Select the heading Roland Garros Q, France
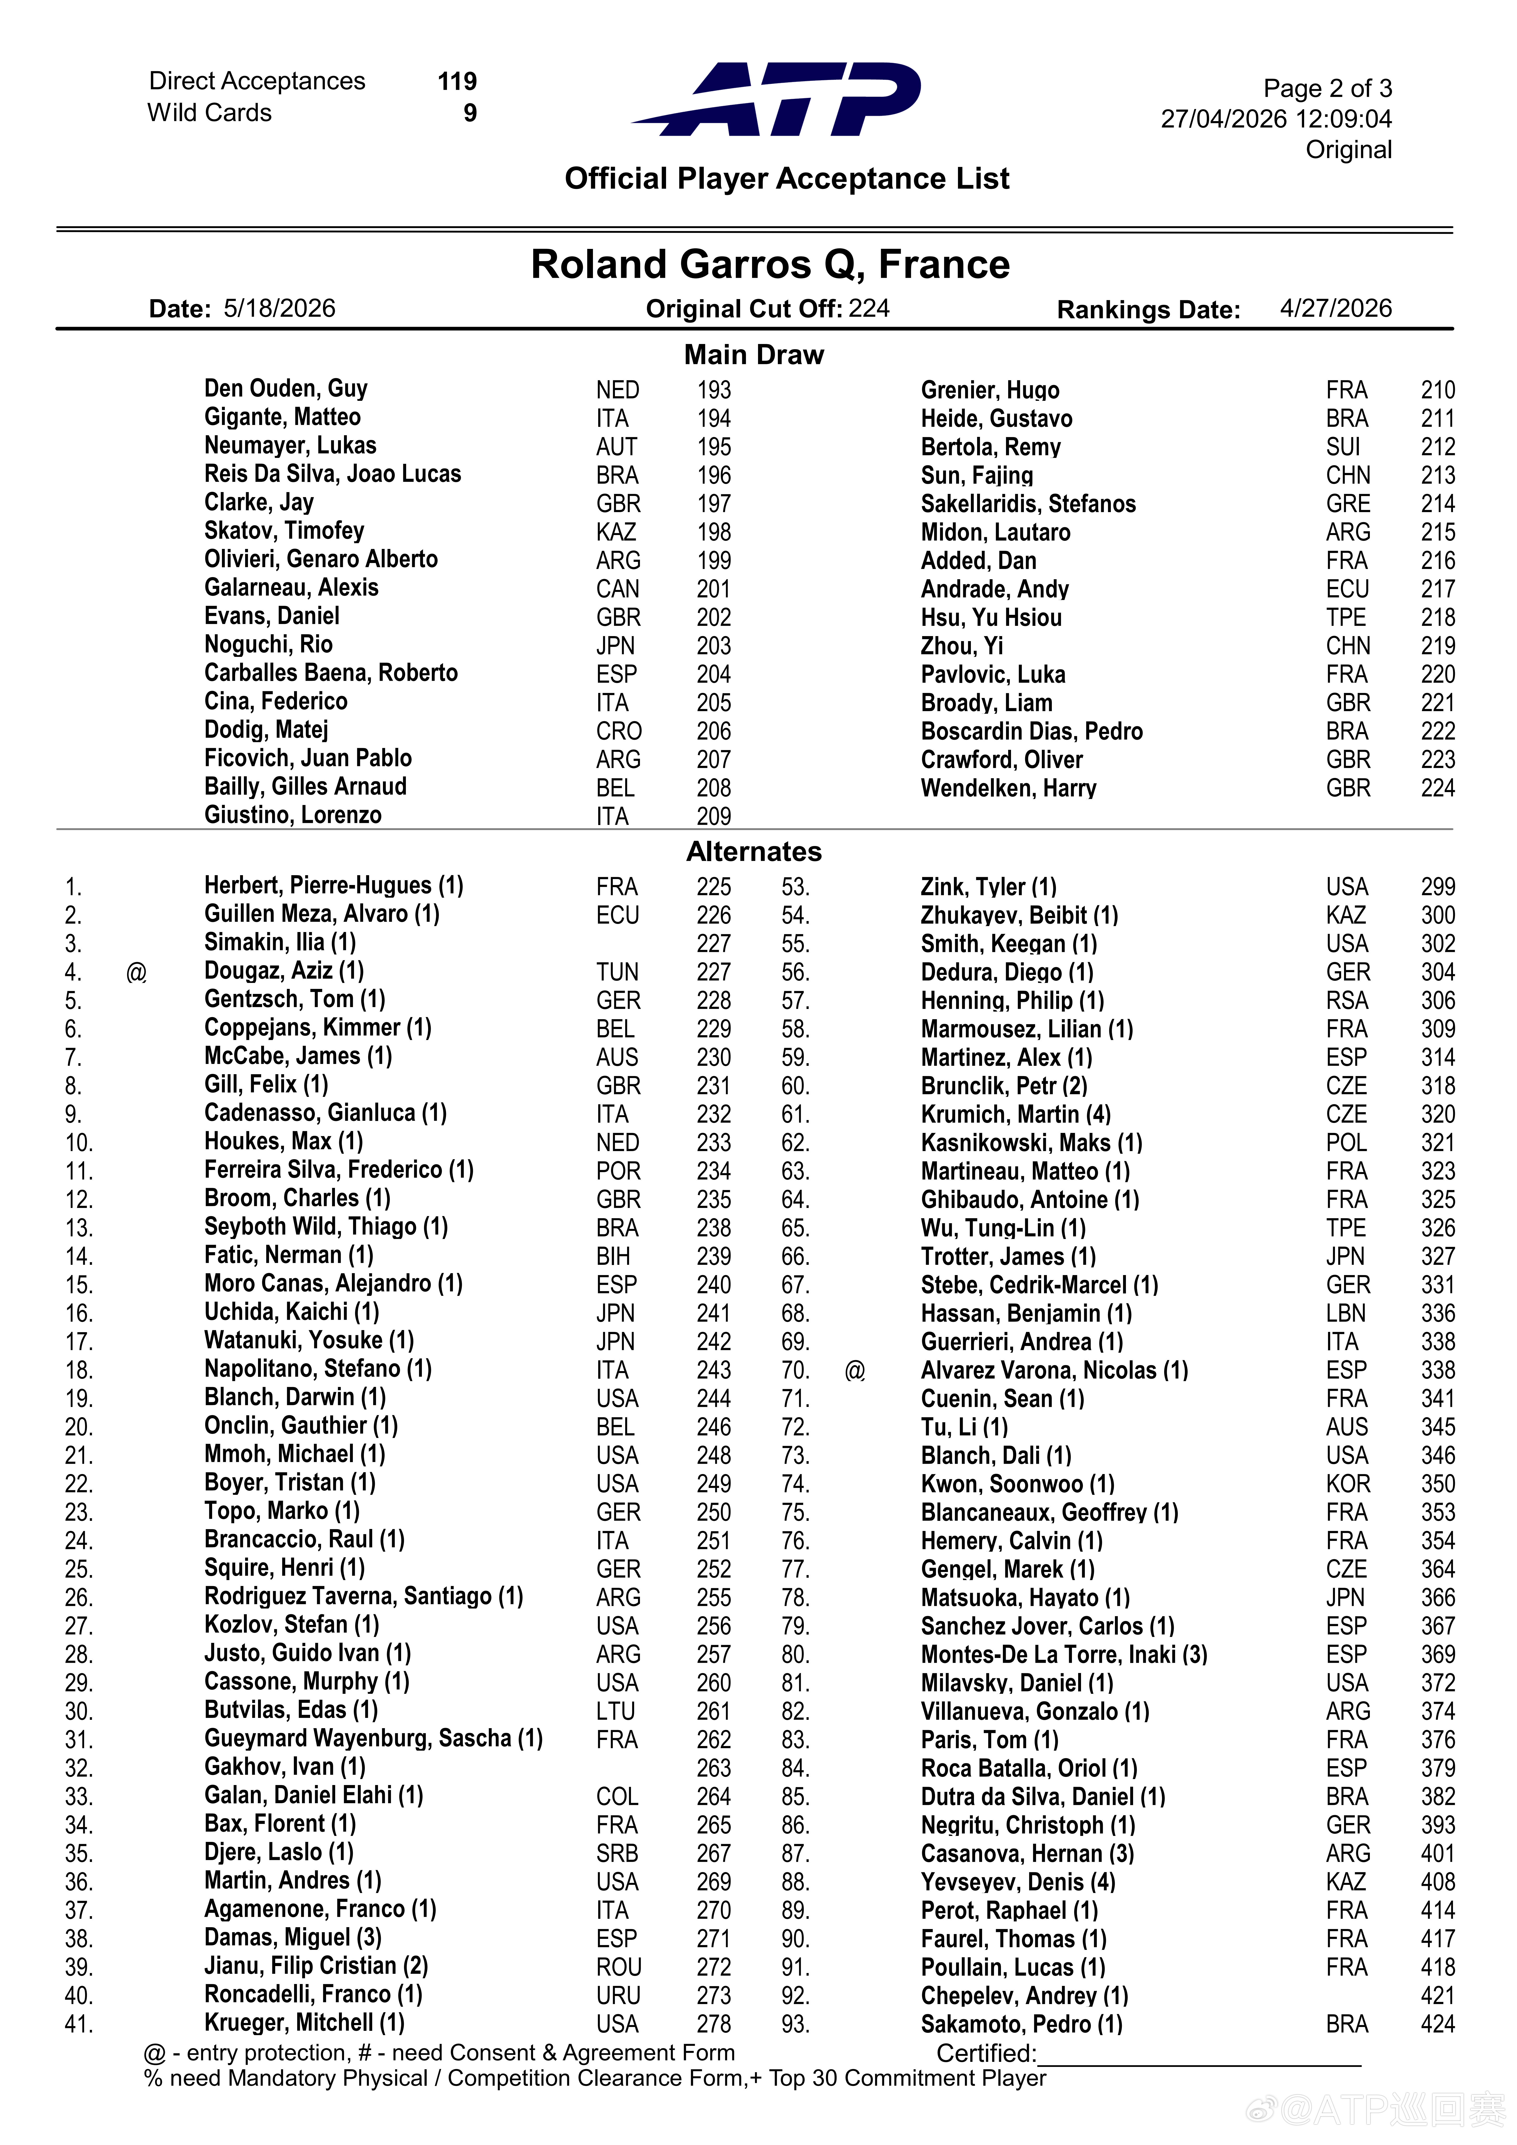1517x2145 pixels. [770, 264]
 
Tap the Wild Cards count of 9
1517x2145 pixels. [470, 113]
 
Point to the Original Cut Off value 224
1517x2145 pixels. [869, 308]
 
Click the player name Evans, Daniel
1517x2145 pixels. [272, 617]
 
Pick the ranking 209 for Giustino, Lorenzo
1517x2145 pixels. [714, 816]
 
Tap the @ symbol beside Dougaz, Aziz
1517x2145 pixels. [136, 973]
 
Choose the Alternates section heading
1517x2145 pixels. [754, 851]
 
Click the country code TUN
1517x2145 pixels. [618, 973]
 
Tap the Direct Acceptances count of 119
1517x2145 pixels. [457, 81]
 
